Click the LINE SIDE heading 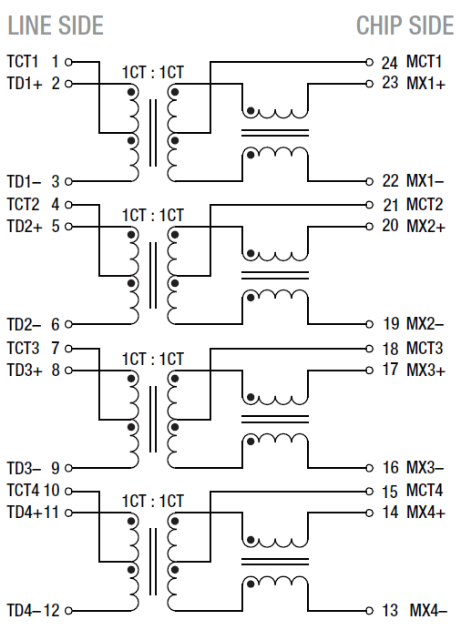(x=56, y=25)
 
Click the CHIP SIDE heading (x=405, y=25)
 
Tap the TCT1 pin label (x=24, y=62)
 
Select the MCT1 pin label (x=425, y=63)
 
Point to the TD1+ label (x=25, y=84)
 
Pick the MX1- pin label (x=425, y=181)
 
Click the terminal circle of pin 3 (x=68, y=181)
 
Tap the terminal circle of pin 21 (x=369, y=205)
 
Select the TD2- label (x=25, y=323)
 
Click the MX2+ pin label (x=425, y=226)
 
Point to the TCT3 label (x=24, y=348)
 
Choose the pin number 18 (x=390, y=348)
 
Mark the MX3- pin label (x=425, y=467)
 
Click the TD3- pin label (x=25, y=467)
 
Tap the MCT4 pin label (x=425, y=491)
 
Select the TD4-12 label (x=33, y=609)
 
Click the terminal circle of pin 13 (x=369, y=609)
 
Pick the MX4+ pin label (x=425, y=512)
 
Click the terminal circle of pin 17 (x=369, y=370)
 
